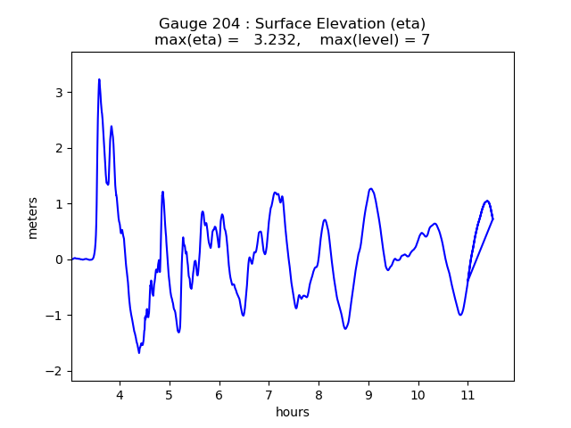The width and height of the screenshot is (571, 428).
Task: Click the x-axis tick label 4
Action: point(120,394)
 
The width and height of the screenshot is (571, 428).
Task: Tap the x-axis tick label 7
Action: point(269,394)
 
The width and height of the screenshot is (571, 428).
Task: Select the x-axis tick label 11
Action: point(467,394)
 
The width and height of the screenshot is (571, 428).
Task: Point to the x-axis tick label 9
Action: point(368,394)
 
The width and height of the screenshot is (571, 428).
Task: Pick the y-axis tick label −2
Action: point(56,372)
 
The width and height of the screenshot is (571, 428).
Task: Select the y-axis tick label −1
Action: point(56,316)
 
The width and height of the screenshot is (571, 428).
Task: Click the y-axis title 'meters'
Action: point(33,217)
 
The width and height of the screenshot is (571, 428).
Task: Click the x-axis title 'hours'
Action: point(293,412)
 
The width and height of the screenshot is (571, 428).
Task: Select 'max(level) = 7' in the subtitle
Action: point(375,40)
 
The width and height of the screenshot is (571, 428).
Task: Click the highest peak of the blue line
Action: point(99,79)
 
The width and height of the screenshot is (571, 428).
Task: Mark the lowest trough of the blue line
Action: point(139,352)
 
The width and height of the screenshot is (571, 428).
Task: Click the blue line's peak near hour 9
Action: point(370,189)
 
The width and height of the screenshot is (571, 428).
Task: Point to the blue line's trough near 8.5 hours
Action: point(345,328)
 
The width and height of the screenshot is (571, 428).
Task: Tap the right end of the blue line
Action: point(492,219)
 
